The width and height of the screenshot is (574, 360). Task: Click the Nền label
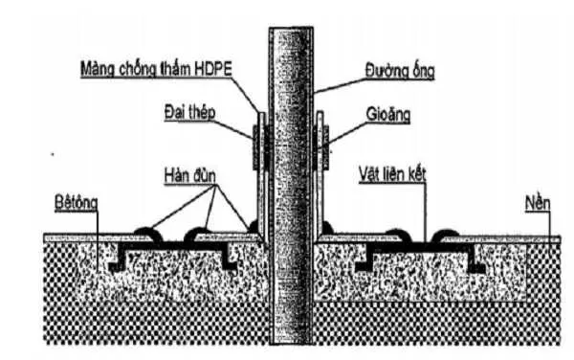pyautogui.click(x=538, y=203)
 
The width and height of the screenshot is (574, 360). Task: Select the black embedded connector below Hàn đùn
pyautogui.click(x=173, y=251)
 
